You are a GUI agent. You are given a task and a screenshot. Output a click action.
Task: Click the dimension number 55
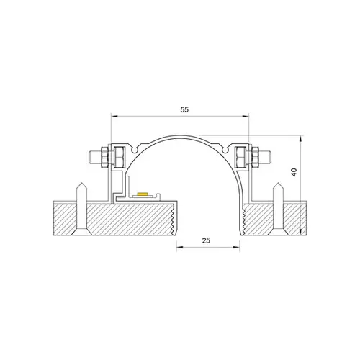click(184, 109)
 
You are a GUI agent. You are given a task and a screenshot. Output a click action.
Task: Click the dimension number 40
click(294, 172)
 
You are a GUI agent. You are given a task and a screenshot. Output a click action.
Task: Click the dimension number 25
click(206, 240)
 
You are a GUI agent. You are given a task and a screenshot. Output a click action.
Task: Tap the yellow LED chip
click(143, 193)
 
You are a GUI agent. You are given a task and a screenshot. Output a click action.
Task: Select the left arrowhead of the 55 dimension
click(114, 117)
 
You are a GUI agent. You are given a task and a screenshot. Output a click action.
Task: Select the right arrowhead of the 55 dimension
click(246, 117)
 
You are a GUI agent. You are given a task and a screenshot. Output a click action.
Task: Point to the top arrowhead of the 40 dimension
click(300, 139)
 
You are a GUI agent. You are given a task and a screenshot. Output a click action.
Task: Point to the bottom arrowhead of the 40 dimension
click(300, 232)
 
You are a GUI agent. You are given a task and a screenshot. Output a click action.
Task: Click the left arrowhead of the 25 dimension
click(180, 247)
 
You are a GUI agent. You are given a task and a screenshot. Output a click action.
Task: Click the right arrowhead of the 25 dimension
click(236, 247)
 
